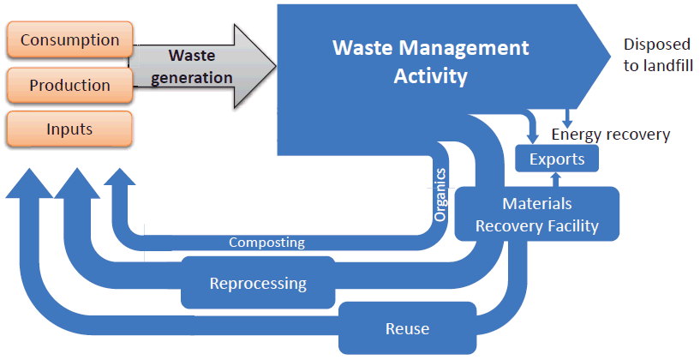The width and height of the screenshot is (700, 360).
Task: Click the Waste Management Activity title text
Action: click(x=430, y=61)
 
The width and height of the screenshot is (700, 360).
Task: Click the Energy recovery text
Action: click(x=610, y=135)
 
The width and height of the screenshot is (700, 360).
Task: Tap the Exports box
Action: click(x=556, y=159)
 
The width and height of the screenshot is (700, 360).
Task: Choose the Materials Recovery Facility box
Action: click(x=536, y=215)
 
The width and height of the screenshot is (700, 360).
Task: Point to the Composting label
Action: click(x=266, y=243)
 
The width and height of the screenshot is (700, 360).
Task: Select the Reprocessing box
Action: click(x=258, y=282)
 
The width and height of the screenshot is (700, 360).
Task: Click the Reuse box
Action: click(x=407, y=328)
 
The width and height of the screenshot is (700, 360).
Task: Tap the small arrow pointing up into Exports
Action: click(x=556, y=178)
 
